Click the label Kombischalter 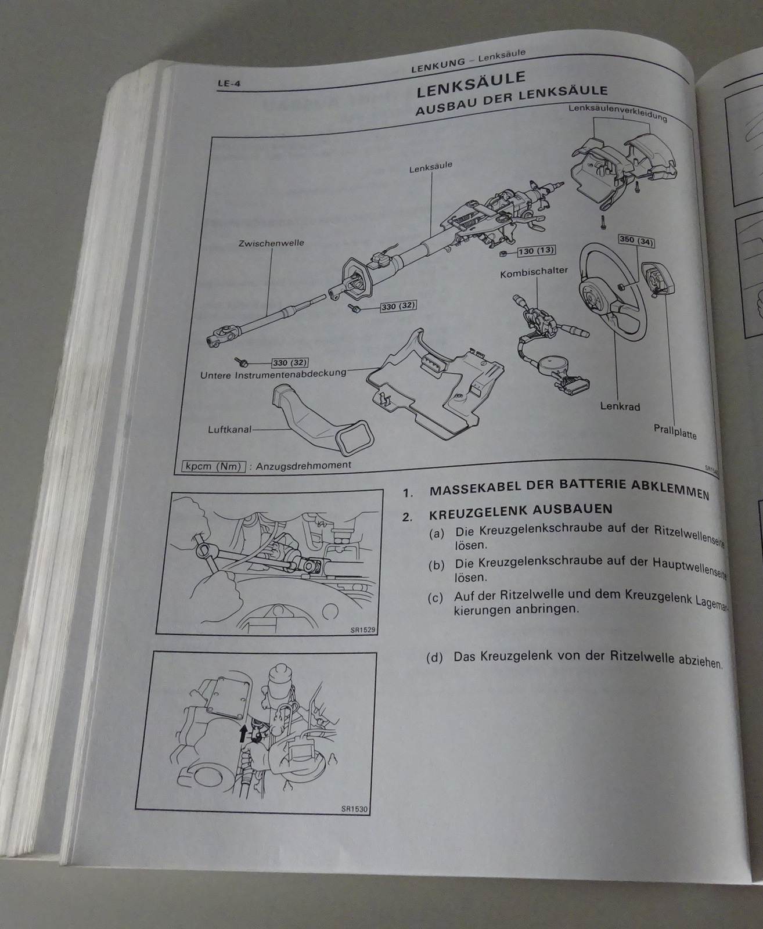click(x=534, y=271)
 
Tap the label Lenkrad click(x=620, y=406)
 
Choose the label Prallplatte click(x=675, y=432)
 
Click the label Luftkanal click(x=229, y=430)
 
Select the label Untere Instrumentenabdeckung click(x=273, y=375)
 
